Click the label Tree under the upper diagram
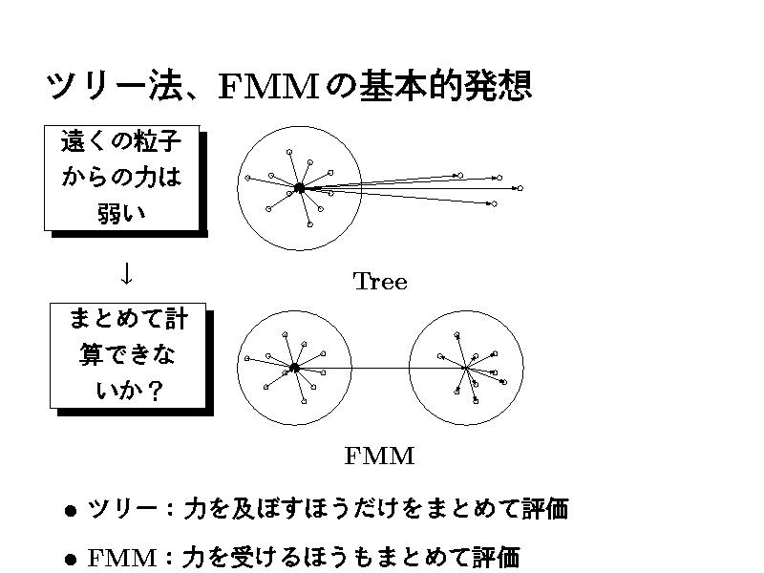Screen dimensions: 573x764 [x=380, y=282]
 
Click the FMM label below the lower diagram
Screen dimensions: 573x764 [x=379, y=456]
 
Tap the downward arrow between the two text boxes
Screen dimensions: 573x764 [x=125, y=273]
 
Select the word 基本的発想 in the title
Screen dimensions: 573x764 [x=443, y=87]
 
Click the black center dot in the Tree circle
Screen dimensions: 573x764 [x=299, y=188]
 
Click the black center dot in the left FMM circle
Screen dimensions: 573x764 [x=294, y=368]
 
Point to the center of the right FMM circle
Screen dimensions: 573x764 [x=466, y=368]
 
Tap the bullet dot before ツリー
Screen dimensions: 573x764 [x=70, y=511]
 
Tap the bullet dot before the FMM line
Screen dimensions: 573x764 [x=70, y=559]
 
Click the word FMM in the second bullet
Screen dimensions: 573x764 [x=121, y=558]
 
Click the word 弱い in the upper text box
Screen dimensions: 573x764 [x=121, y=211]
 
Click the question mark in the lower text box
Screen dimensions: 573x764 [x=153, y=390]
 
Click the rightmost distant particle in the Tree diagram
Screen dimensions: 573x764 [x=520, y=188]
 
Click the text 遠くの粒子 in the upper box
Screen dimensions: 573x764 [x=120, y=143]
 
